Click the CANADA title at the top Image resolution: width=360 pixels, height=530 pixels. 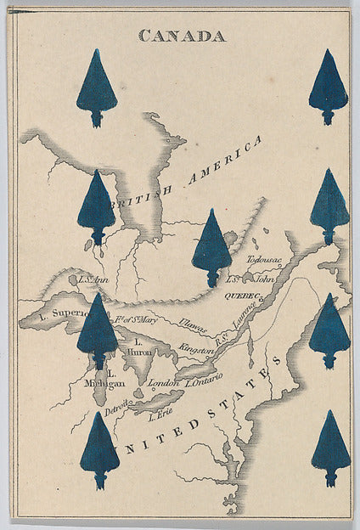click(183, 36)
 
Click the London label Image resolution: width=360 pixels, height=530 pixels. click(163, 383)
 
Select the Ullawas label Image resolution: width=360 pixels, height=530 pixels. click(193, 324)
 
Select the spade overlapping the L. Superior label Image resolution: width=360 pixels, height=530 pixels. click(98, 330)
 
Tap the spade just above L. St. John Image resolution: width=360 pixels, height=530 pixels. click(211, 247)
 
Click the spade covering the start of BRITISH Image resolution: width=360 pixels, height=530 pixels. click(97, 207)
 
